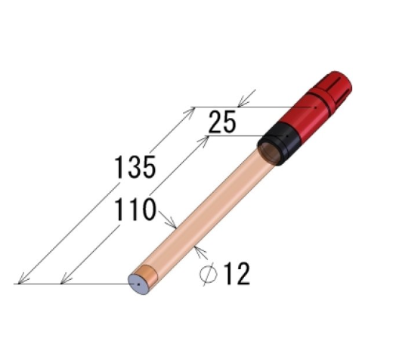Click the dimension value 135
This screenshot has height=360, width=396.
(x=135, y=167)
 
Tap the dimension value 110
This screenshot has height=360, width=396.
(x=135, y=209)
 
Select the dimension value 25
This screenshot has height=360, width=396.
(x=222, y=122)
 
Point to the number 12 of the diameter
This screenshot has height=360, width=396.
(x=237, y=274)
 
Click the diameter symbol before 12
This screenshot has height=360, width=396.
(x=209, y=275)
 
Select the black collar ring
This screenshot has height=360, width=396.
(x=280, y=144)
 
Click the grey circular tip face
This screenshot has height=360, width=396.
(x=138, y=284)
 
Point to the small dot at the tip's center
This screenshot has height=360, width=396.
(x=138, y=284)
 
